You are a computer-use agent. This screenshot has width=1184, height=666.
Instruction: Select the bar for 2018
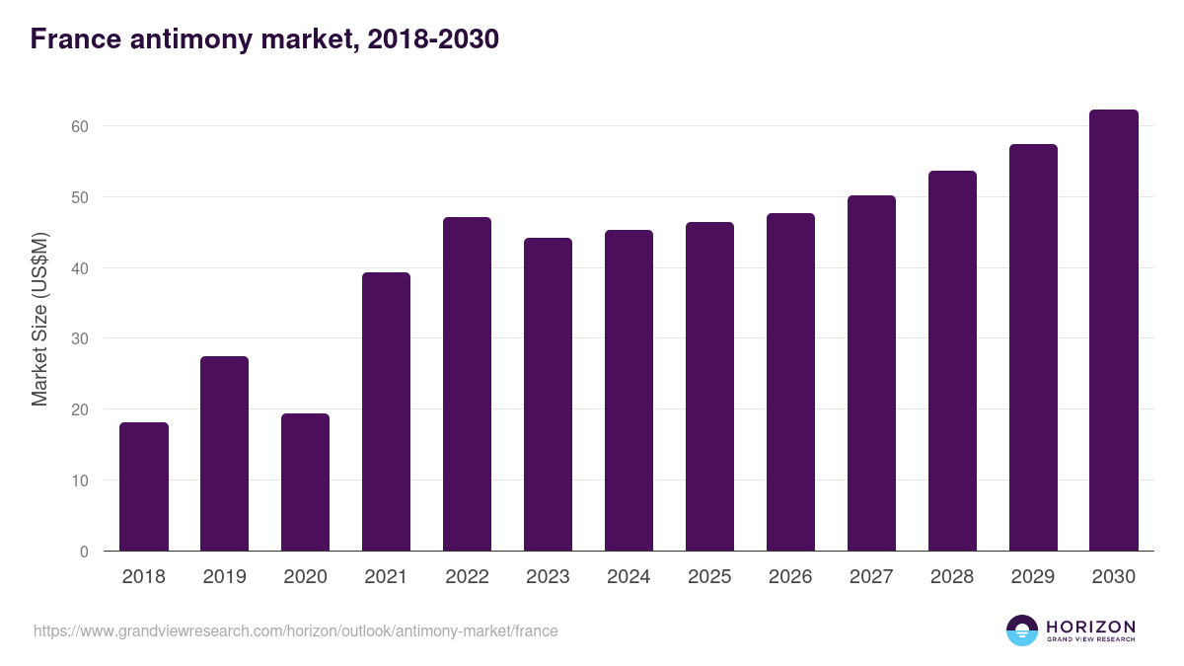[144, 486]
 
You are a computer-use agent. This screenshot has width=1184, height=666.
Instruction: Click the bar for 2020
[306, 482]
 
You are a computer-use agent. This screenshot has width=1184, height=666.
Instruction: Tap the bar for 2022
[468, 384]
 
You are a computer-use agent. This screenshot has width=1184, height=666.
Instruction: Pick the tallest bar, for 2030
[1114, 331]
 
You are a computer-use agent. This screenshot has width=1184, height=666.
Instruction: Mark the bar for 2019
[225, 454]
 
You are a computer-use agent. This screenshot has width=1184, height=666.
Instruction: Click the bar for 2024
[629, 391]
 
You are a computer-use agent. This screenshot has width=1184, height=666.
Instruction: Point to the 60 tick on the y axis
[80, 126]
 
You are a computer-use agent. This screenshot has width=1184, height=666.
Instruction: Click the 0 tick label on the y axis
[84, 552]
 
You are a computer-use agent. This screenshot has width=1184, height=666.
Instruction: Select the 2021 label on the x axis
[387, 577]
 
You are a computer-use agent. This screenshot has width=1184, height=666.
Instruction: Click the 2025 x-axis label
[710, 577]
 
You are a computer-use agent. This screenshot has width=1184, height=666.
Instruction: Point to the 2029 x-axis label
[1033, 577]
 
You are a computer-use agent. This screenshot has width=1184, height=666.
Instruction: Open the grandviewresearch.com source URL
[295, 630]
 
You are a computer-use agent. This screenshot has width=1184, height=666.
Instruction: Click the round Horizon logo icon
[1021, 630]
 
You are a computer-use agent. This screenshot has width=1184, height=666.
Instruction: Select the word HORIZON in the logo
[1090, 626]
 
